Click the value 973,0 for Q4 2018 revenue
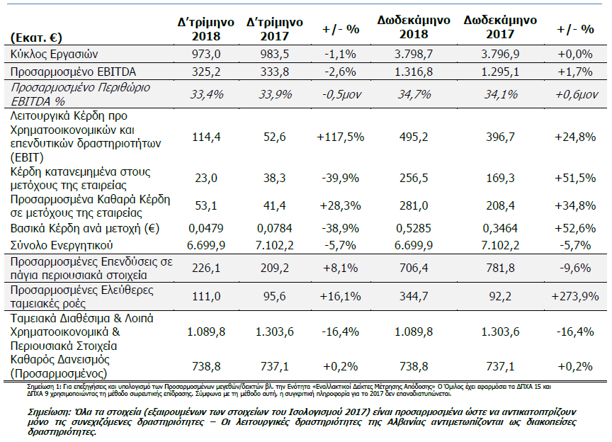click(206, 54)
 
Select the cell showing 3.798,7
click(414, 54)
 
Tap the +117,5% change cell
click(340, 137)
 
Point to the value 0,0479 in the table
click(205, 228)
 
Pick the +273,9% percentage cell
click(575, 296)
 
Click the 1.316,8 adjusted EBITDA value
click(414, 72)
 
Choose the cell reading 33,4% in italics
click(206, 94)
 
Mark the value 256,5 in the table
click(414, 178)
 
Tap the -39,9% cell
click(340, 178)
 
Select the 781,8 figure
click(500, 268)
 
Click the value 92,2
click(500, 296)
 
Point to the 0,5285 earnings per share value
click(414, 228)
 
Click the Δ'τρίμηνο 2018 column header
click(205, 29)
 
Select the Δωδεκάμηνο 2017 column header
click(500, 27)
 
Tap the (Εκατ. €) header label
click(36, 38)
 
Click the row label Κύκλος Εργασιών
click(54, 54)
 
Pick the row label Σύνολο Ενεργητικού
click(62, 246)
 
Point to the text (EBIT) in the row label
click(27, 157)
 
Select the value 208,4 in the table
click(500, 206)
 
